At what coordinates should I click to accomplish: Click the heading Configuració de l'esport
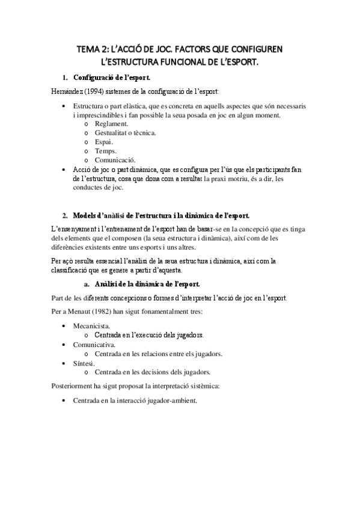(x=112, y=78)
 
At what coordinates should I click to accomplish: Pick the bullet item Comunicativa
(x=93, y=345)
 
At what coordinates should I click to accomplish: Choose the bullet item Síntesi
(x=84, y=363)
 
